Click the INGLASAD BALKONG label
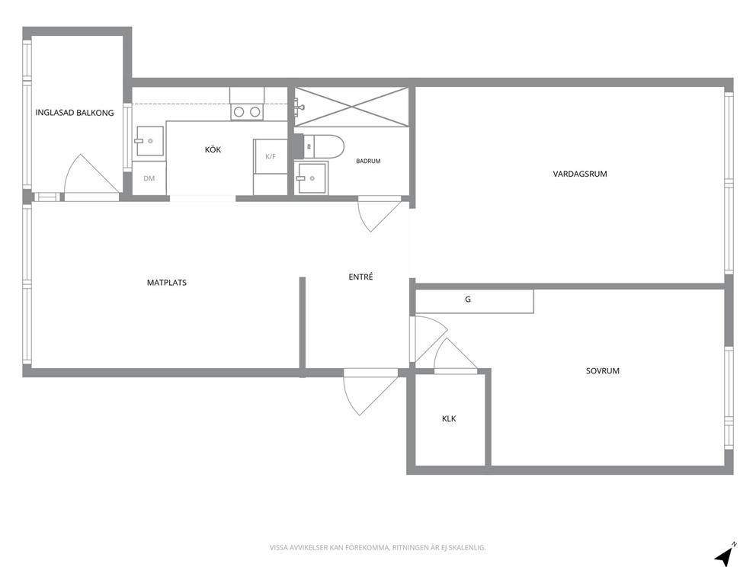pos(75,113)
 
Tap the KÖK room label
pos(213,149)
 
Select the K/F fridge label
pos(271,157)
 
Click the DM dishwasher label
pos(149,178)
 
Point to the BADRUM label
pos(368,161)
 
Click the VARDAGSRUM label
pos(580,174)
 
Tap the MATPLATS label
pos(167,283)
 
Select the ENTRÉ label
pos(360,277)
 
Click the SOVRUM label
pos(603,371)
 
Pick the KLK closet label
pos(449,418)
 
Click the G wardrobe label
pos(468,300)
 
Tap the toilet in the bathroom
pos(324,146)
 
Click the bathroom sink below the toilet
pos(311,178)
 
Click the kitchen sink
pos(149,141)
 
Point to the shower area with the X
pos(351,107)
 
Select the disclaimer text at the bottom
pos(377,548)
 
